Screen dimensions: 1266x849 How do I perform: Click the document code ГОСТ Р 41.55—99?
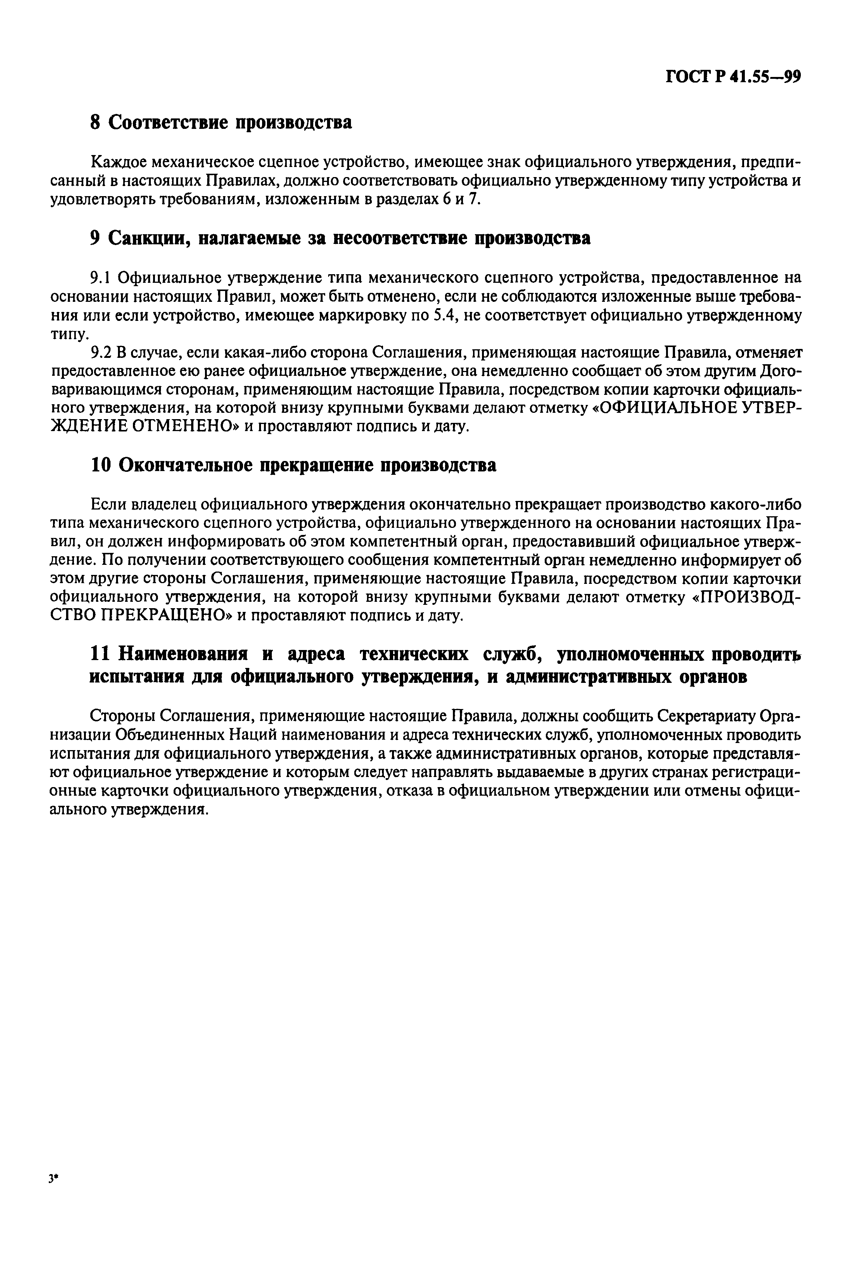pyautogui.click(x=733, y=77)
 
